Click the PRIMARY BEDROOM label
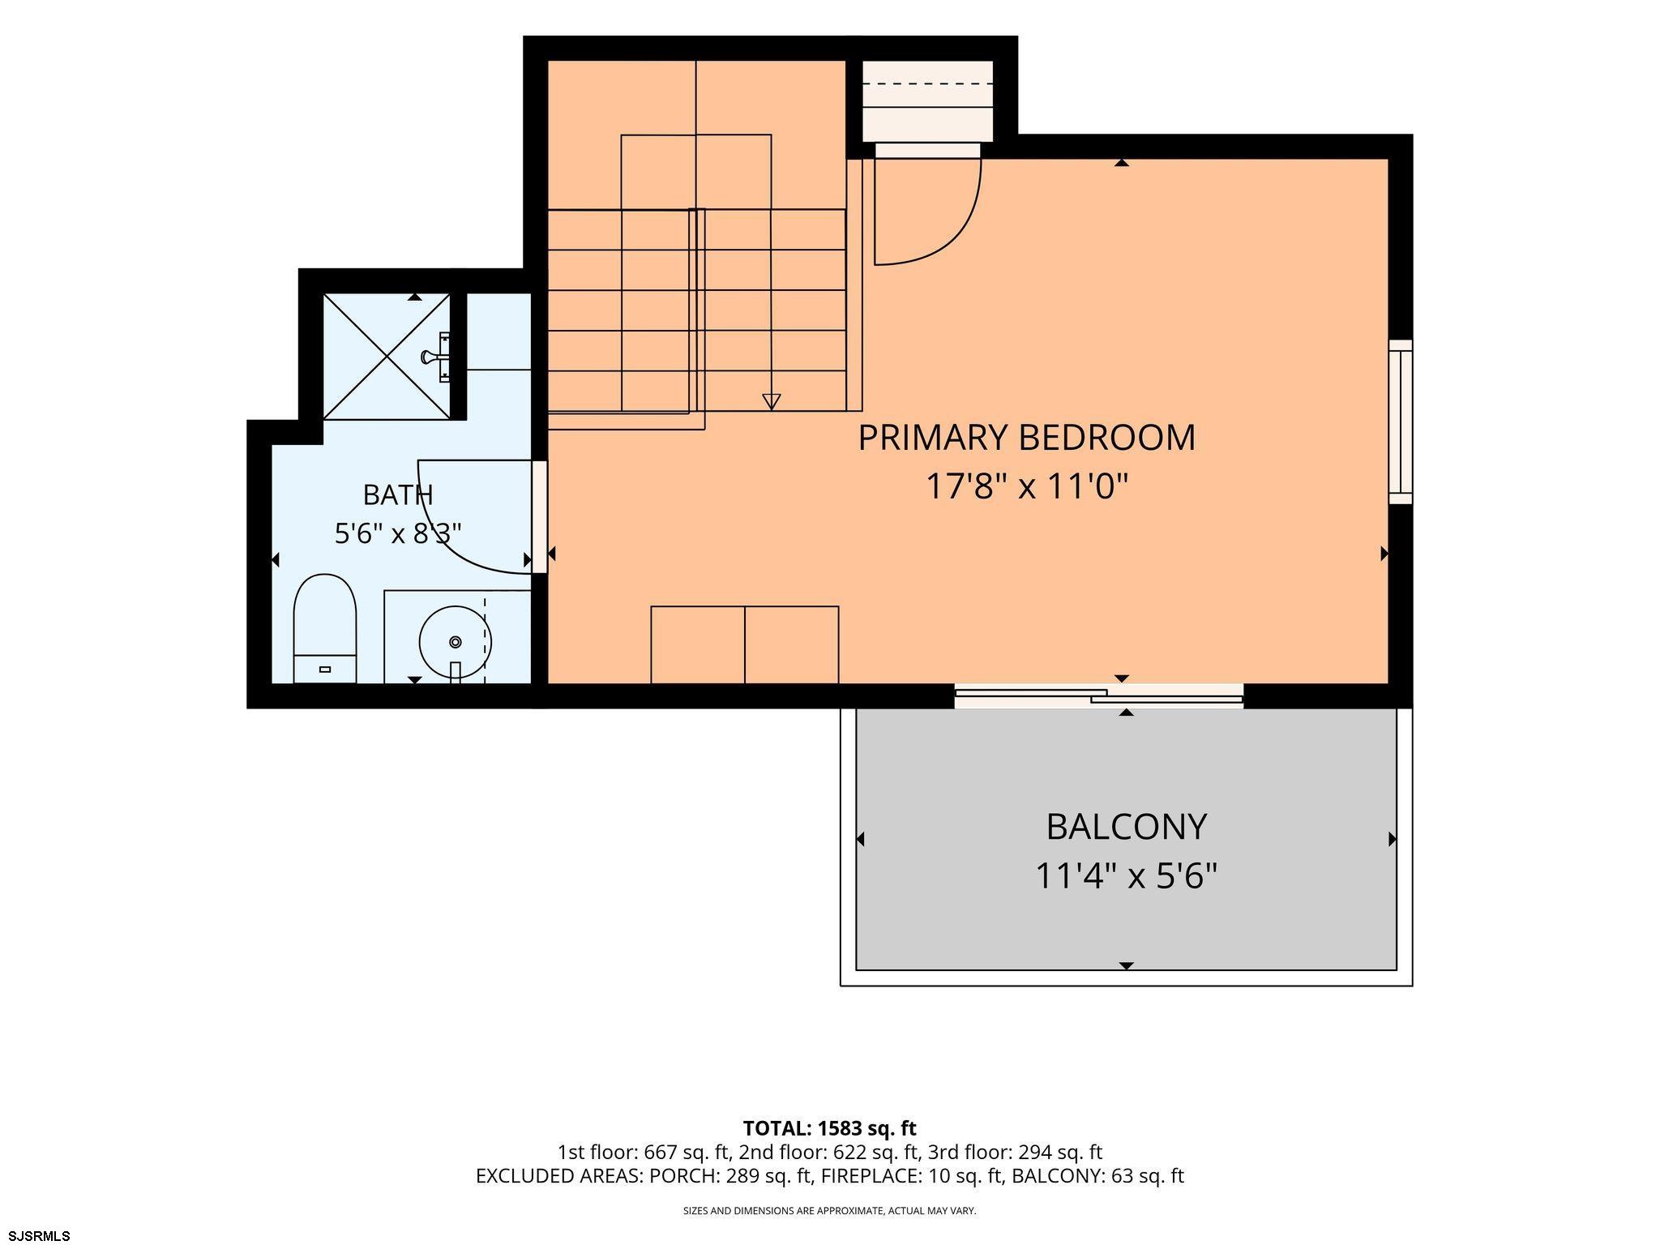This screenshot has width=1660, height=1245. pyautogui.click(x=1026, y=438)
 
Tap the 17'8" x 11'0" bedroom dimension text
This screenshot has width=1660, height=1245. pyautogui.click(x=1027, y=487)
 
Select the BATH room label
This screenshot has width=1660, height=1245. pyautogui.click(x=398, y=494)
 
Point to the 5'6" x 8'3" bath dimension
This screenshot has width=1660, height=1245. pyautogui.click(x=398, y=533)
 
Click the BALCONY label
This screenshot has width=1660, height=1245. pyautogui.click(x=1127, y=827)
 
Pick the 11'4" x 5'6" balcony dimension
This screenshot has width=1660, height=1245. pyautogui.click(x=1127, y=876)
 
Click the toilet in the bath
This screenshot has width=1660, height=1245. pyautogui.click(x=325, y=629)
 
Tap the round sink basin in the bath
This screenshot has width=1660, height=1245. pyautogui.click(x=455, y=642)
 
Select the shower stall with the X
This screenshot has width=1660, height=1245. pyautogui.click(x=387, y=357)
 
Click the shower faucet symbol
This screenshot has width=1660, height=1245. pyautogui.click(x=436, y=356)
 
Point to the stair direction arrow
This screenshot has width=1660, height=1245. pyautogui.click(x=772, y=401)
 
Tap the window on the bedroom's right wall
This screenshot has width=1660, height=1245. pyautogui.click(x=1401, y=421)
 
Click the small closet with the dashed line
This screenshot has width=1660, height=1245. pyautogui.click(x=927, y=101)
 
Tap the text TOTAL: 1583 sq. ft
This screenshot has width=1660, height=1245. pyautogui.click(x=829, y=1128)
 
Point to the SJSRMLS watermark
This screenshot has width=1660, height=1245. pyautogui.click(x=36, y=1236)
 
